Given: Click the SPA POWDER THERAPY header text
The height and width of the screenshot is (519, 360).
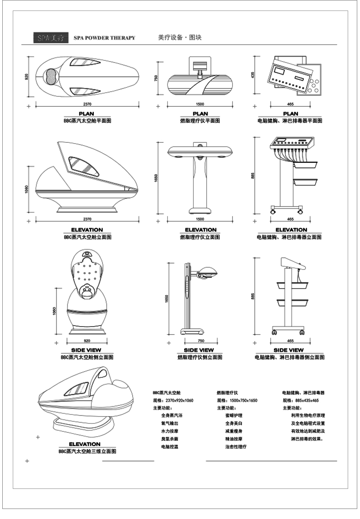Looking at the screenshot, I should point(104,38).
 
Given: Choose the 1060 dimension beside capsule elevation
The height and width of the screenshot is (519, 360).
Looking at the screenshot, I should point(27,188).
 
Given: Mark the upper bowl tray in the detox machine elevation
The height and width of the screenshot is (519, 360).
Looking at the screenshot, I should point(305,163).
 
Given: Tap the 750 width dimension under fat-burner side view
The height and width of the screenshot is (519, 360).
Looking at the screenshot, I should point(201,341).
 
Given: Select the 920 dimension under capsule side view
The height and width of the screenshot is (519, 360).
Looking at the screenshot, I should point(87,341).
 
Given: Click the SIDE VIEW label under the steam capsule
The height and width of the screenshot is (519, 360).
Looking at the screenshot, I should point(87,350).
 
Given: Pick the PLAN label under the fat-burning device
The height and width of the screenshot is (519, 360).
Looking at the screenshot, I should point(201,114).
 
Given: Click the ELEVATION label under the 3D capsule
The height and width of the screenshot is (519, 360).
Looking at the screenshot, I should point(84,444).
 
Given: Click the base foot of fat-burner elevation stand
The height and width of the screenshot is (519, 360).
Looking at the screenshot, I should point(201,211).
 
